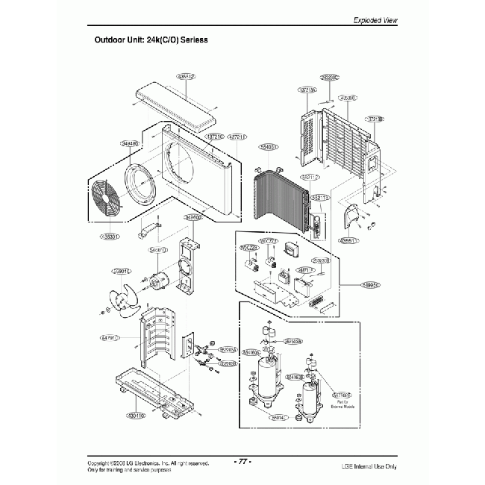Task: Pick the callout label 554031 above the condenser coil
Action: tap(267, 147)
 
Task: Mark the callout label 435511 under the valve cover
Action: tap(348, 241)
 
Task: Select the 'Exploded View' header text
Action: tap(377, 20)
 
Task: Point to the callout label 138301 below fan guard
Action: tap(110, 237)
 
